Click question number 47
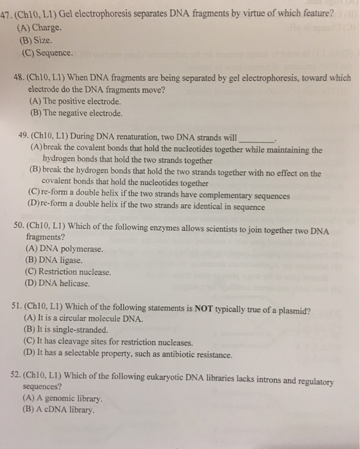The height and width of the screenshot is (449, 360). [7, 16]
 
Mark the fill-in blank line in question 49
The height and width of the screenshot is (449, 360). [256, 139]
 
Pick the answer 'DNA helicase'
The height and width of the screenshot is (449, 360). [68, 283]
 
